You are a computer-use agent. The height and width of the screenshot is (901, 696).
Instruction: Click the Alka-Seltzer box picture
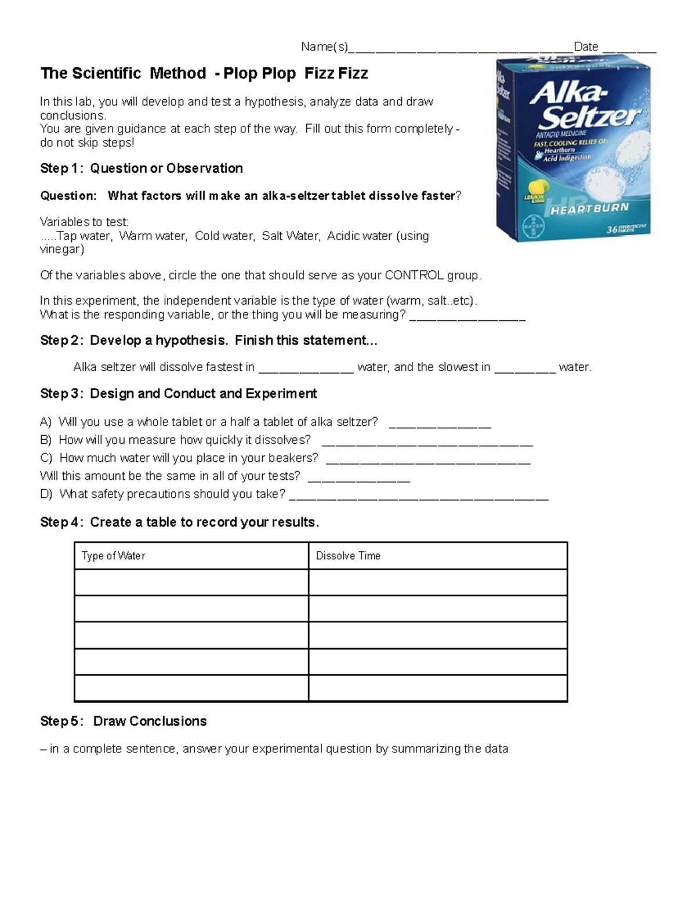point(573,150)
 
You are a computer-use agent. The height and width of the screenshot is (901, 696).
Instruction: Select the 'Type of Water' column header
point(113,556)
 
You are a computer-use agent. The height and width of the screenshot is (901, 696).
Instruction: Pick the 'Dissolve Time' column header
point(348,556)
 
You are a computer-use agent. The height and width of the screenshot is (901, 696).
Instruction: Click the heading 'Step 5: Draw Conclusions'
point(124,721)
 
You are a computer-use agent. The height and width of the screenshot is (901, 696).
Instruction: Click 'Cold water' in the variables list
point(224,236)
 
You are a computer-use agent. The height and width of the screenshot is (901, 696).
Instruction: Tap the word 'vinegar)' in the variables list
point(62,249)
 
